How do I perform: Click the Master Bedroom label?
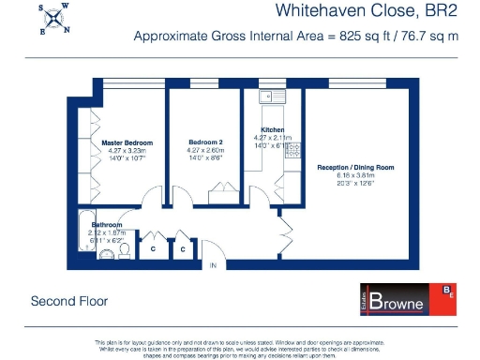tap(127, 143)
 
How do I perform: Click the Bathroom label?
tap(107, 225)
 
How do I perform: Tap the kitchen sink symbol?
tap(270, 95)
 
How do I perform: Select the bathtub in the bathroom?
tap(83, 236)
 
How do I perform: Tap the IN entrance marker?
tap(213, 266)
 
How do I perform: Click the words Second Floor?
tap(69, 302)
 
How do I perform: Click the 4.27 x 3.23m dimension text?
tap(127, 151)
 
